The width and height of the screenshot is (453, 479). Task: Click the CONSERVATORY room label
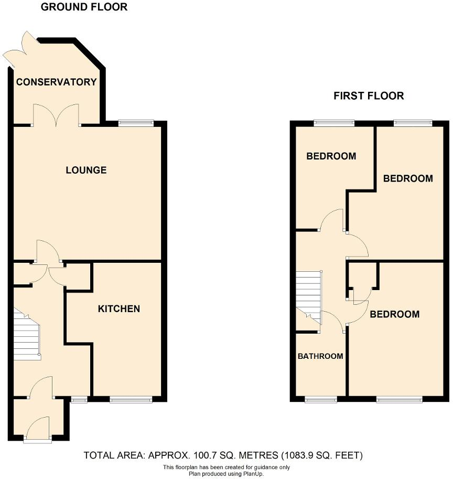click(x=56, y=82)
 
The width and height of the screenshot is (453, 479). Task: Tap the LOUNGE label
click(x=86, y=170)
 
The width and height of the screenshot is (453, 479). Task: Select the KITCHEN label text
click(x=118, y=308)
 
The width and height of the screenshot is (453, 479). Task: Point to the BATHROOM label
click(x=320, y=356)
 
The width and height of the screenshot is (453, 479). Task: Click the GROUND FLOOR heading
click(x=84, y=7)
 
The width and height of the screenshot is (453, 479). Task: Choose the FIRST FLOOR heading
click(x=369, y=96)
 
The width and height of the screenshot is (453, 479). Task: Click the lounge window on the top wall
click(x=136, y=123)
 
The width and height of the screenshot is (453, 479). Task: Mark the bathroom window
click(x=321, y=399)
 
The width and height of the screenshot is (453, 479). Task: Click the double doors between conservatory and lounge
click(x=56, y=115)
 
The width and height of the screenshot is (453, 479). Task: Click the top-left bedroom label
click(x=331, y=156)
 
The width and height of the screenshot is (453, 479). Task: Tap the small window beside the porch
click(x=79, y=399)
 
